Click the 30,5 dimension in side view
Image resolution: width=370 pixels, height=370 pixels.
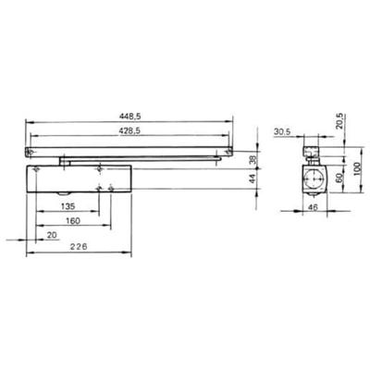pos(282,131)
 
